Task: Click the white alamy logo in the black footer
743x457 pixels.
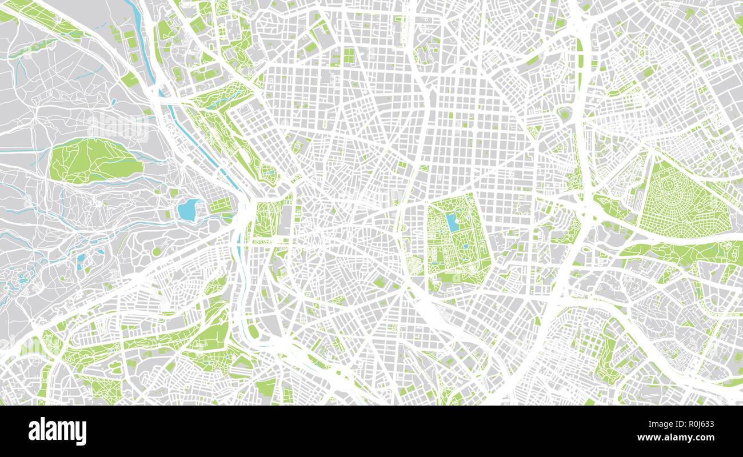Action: (57, 431)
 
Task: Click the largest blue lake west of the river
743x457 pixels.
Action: (189, 210)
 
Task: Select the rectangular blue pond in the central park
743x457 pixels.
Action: (453, 222)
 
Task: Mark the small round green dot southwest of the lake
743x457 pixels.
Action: (156, 251)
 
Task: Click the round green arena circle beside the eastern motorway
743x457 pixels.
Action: (565, 114)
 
